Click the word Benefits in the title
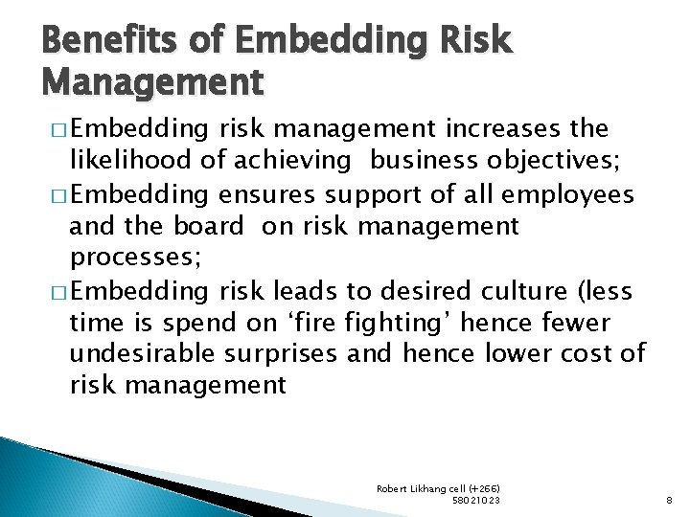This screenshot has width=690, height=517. (91, 42)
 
